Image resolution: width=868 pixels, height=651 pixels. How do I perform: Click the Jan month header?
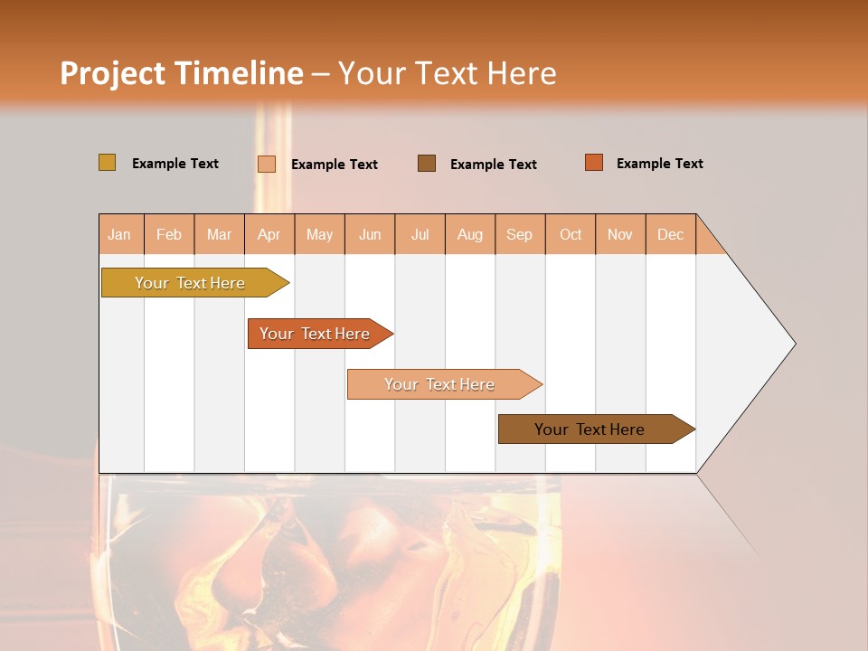click(120, 234)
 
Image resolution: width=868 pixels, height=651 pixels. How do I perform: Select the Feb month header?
click(169, 234)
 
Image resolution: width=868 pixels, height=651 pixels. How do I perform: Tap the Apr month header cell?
click(269, 234)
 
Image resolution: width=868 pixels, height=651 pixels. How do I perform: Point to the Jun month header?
click(370, 234)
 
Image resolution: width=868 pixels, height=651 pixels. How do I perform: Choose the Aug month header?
click(470, 234)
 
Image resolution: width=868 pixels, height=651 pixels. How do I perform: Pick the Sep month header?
click(520, 234)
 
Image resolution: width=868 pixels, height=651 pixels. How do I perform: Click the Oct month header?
click(571, 234)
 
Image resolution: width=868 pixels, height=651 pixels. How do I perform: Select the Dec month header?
click(671, 234)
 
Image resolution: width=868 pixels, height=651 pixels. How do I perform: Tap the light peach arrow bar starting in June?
click(440, 384)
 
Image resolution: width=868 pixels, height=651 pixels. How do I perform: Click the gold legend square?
click(107, 163)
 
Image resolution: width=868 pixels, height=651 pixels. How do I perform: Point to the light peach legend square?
click(267, 164)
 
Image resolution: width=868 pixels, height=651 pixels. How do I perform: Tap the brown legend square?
click(427, 163)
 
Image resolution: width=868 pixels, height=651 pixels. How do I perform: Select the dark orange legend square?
click(594, 163)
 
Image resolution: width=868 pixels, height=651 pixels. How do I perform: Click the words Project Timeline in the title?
click(181, 73)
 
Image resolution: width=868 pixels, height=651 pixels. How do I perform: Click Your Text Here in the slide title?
click(447, 73)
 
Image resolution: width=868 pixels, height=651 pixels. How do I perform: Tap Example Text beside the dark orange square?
click(659, 164)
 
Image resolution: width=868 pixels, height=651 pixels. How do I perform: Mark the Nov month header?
click(620, 234)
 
